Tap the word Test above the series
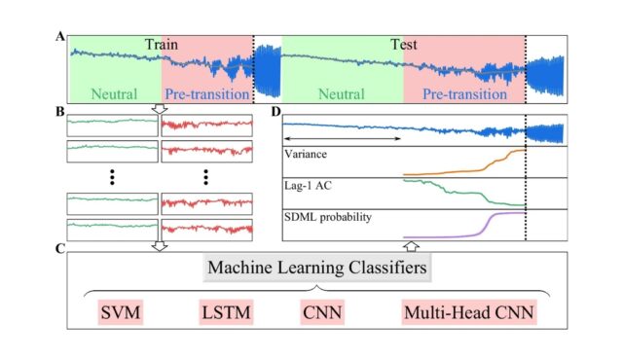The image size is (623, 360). click(x=404, y=45)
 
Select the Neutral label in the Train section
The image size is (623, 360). click(x=115, y=94)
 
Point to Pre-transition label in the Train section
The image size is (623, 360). click(x=207, y=94)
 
